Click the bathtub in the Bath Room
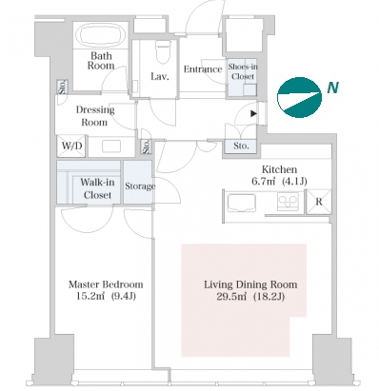pos(101,35)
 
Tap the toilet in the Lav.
pos(163,52)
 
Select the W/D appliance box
pos(71,146)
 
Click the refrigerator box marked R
pos(319,202)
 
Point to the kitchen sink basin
pos(242,202)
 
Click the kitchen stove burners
pos(288,202)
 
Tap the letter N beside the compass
pos(333,88)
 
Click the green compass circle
pos(299,97)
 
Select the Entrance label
pos(203,69)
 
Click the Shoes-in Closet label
pos(243,71)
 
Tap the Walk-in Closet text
pos(97,188)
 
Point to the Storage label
pos(140,186)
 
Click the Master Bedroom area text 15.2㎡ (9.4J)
pos(106,296)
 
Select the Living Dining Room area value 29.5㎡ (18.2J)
pos(250,297)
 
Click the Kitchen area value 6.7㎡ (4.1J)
pos(279,181)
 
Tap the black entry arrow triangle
pos(253,113)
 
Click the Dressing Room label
pos(95,116)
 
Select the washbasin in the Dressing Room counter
pos(111,147)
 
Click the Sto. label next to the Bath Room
pos(62,87)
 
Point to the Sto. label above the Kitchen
pos(241,146)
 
